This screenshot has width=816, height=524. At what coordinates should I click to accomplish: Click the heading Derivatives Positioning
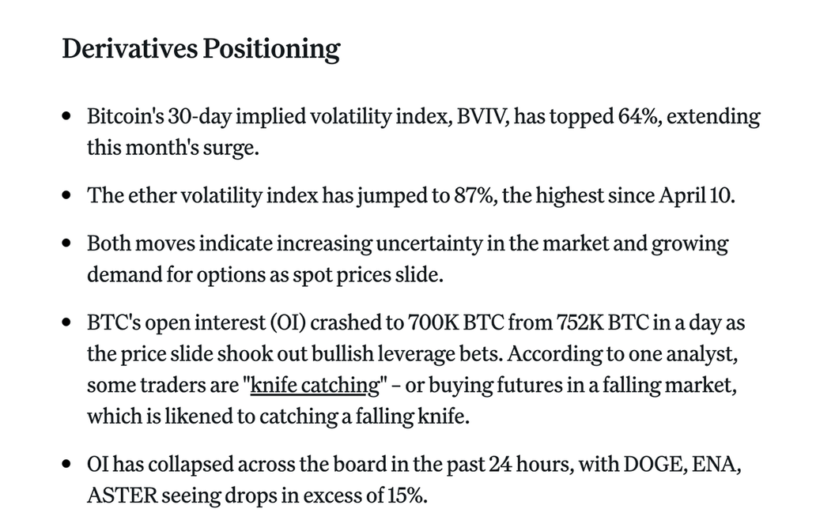coord(201,49)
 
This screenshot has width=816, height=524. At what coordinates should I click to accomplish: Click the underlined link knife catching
coord(315,386)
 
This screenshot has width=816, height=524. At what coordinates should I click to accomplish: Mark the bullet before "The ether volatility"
coord(67,196)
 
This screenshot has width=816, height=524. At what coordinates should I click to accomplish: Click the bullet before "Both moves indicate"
coord(67,243)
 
